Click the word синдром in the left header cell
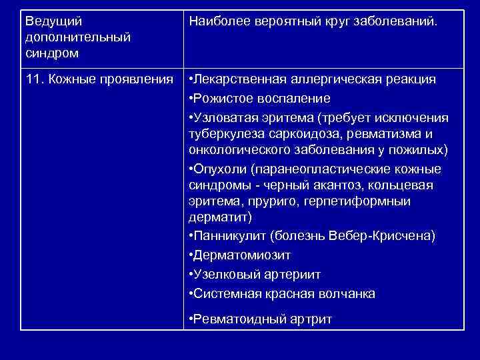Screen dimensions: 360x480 (52, 51)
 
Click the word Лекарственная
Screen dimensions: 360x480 (241, 79)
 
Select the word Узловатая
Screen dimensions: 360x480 (227, 118)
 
